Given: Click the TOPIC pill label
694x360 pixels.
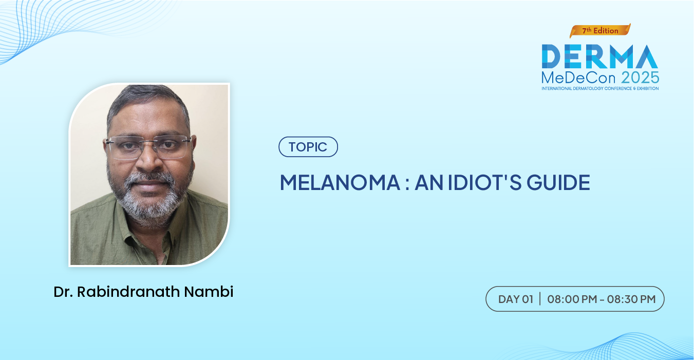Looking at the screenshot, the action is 308,147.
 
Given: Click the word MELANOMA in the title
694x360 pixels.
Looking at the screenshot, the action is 340,182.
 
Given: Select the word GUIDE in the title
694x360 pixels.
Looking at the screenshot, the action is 558,182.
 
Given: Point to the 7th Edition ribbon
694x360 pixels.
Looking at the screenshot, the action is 600,31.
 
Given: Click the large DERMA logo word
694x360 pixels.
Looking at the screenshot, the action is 600,56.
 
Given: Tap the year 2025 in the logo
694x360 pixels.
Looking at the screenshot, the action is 640,78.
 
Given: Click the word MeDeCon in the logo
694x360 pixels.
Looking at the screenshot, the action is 578,78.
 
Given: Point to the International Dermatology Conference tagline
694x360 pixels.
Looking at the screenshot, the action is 600,89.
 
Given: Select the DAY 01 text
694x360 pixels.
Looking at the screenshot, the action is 516,299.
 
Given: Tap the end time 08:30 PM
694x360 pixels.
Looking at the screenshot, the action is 631,299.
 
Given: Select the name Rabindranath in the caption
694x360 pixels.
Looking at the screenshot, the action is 128,292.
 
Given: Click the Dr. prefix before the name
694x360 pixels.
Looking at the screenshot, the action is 63,292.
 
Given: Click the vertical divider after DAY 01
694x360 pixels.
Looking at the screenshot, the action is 540,299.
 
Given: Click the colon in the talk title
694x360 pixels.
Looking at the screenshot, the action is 407,184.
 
